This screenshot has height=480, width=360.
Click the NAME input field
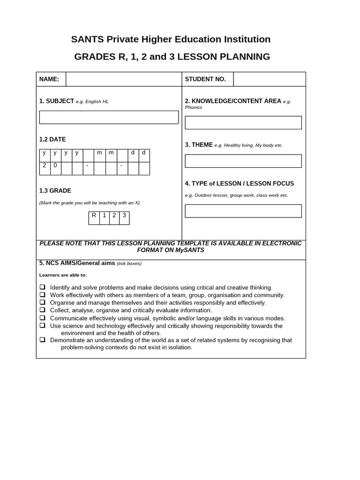[123, 79]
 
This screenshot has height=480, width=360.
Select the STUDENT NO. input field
[269, 79]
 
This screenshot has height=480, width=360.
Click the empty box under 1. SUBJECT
[109, 117]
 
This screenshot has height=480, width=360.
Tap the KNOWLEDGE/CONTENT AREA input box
[243, 122]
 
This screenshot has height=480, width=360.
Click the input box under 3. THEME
[243, 161]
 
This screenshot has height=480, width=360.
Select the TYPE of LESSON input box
[243, 211]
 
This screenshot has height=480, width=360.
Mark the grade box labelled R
[94, 218]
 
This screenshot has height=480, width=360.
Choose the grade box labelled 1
[104, 218]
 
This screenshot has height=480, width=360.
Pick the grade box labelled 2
[114, 218]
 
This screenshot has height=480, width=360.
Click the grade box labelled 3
[124, 218]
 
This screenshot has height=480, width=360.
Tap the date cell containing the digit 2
[45, 168]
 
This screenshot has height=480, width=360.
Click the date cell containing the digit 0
[55, 168]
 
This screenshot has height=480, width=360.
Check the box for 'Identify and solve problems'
[42, 287]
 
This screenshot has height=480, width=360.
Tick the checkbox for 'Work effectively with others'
[42, 295]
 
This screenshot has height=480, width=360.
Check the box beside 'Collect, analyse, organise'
[42, 310]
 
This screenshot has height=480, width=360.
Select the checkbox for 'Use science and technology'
[42, 325]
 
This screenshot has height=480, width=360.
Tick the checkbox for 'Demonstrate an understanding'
[42, 340]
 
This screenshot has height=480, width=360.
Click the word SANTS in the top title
[87, 39]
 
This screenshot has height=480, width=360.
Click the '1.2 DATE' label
[52, 139]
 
